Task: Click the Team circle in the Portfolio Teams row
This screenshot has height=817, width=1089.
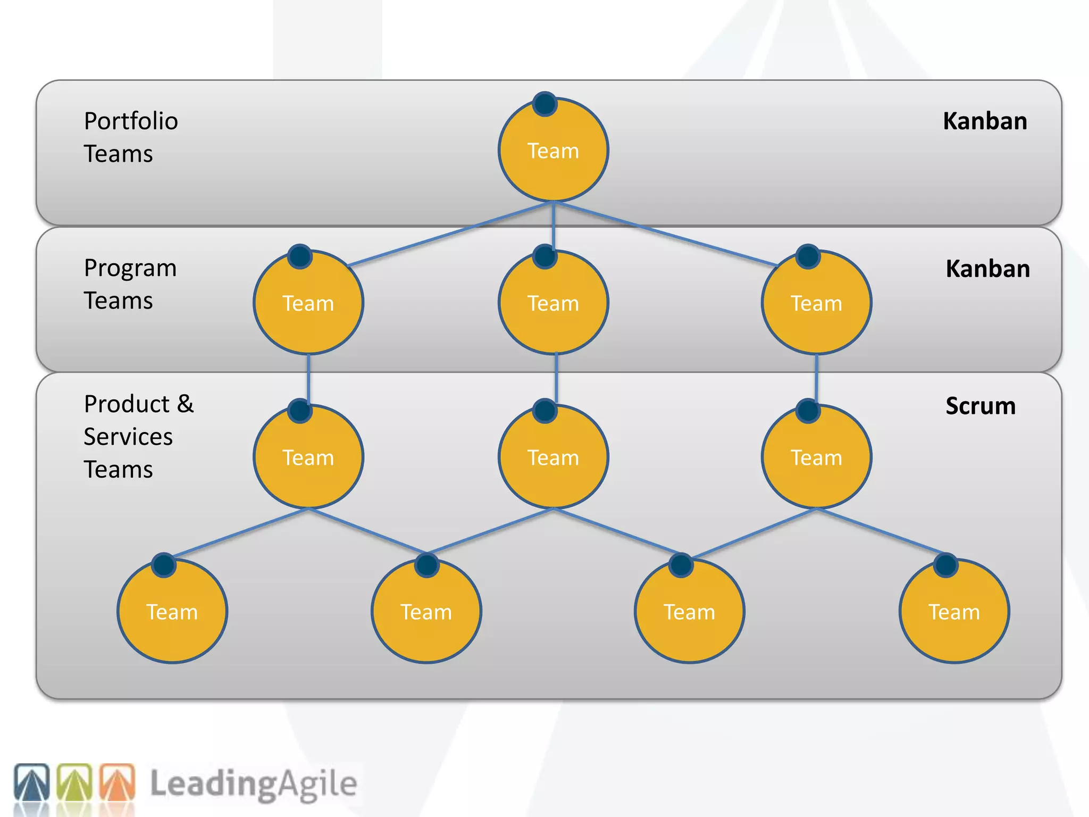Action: click(553, 151)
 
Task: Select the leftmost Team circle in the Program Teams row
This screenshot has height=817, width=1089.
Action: click(308, 303)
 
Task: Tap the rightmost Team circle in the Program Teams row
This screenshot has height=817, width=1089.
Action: click(816, 303)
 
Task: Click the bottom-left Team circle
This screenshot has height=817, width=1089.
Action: click(172, 612)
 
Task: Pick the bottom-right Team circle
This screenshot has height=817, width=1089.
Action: click(954, 612)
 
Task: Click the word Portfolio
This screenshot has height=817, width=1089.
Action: click(131, 121)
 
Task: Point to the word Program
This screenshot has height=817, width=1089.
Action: click(130, 268)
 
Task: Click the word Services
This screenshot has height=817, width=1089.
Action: click(128, 437)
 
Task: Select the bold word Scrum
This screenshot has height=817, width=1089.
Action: click(980, 406)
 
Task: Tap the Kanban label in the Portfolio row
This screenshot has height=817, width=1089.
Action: click(985, 121)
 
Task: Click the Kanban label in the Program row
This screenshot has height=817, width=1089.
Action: click(987, 269)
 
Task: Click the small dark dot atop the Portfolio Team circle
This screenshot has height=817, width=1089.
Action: click(545, 104)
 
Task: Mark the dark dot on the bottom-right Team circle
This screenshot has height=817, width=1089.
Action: click(945, 565)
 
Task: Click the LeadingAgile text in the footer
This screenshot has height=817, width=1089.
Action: click(253, 783)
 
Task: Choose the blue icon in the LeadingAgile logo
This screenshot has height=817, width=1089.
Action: click(32, 782)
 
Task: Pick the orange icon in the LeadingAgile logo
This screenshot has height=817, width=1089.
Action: click(118, 782)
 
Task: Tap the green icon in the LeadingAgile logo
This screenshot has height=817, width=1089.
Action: click(75, 782)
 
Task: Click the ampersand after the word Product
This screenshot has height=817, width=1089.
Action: click(185, 404)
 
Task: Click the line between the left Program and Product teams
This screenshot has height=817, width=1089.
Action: click(308, 379)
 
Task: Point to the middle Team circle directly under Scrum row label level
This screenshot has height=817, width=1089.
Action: click(553, 457)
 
